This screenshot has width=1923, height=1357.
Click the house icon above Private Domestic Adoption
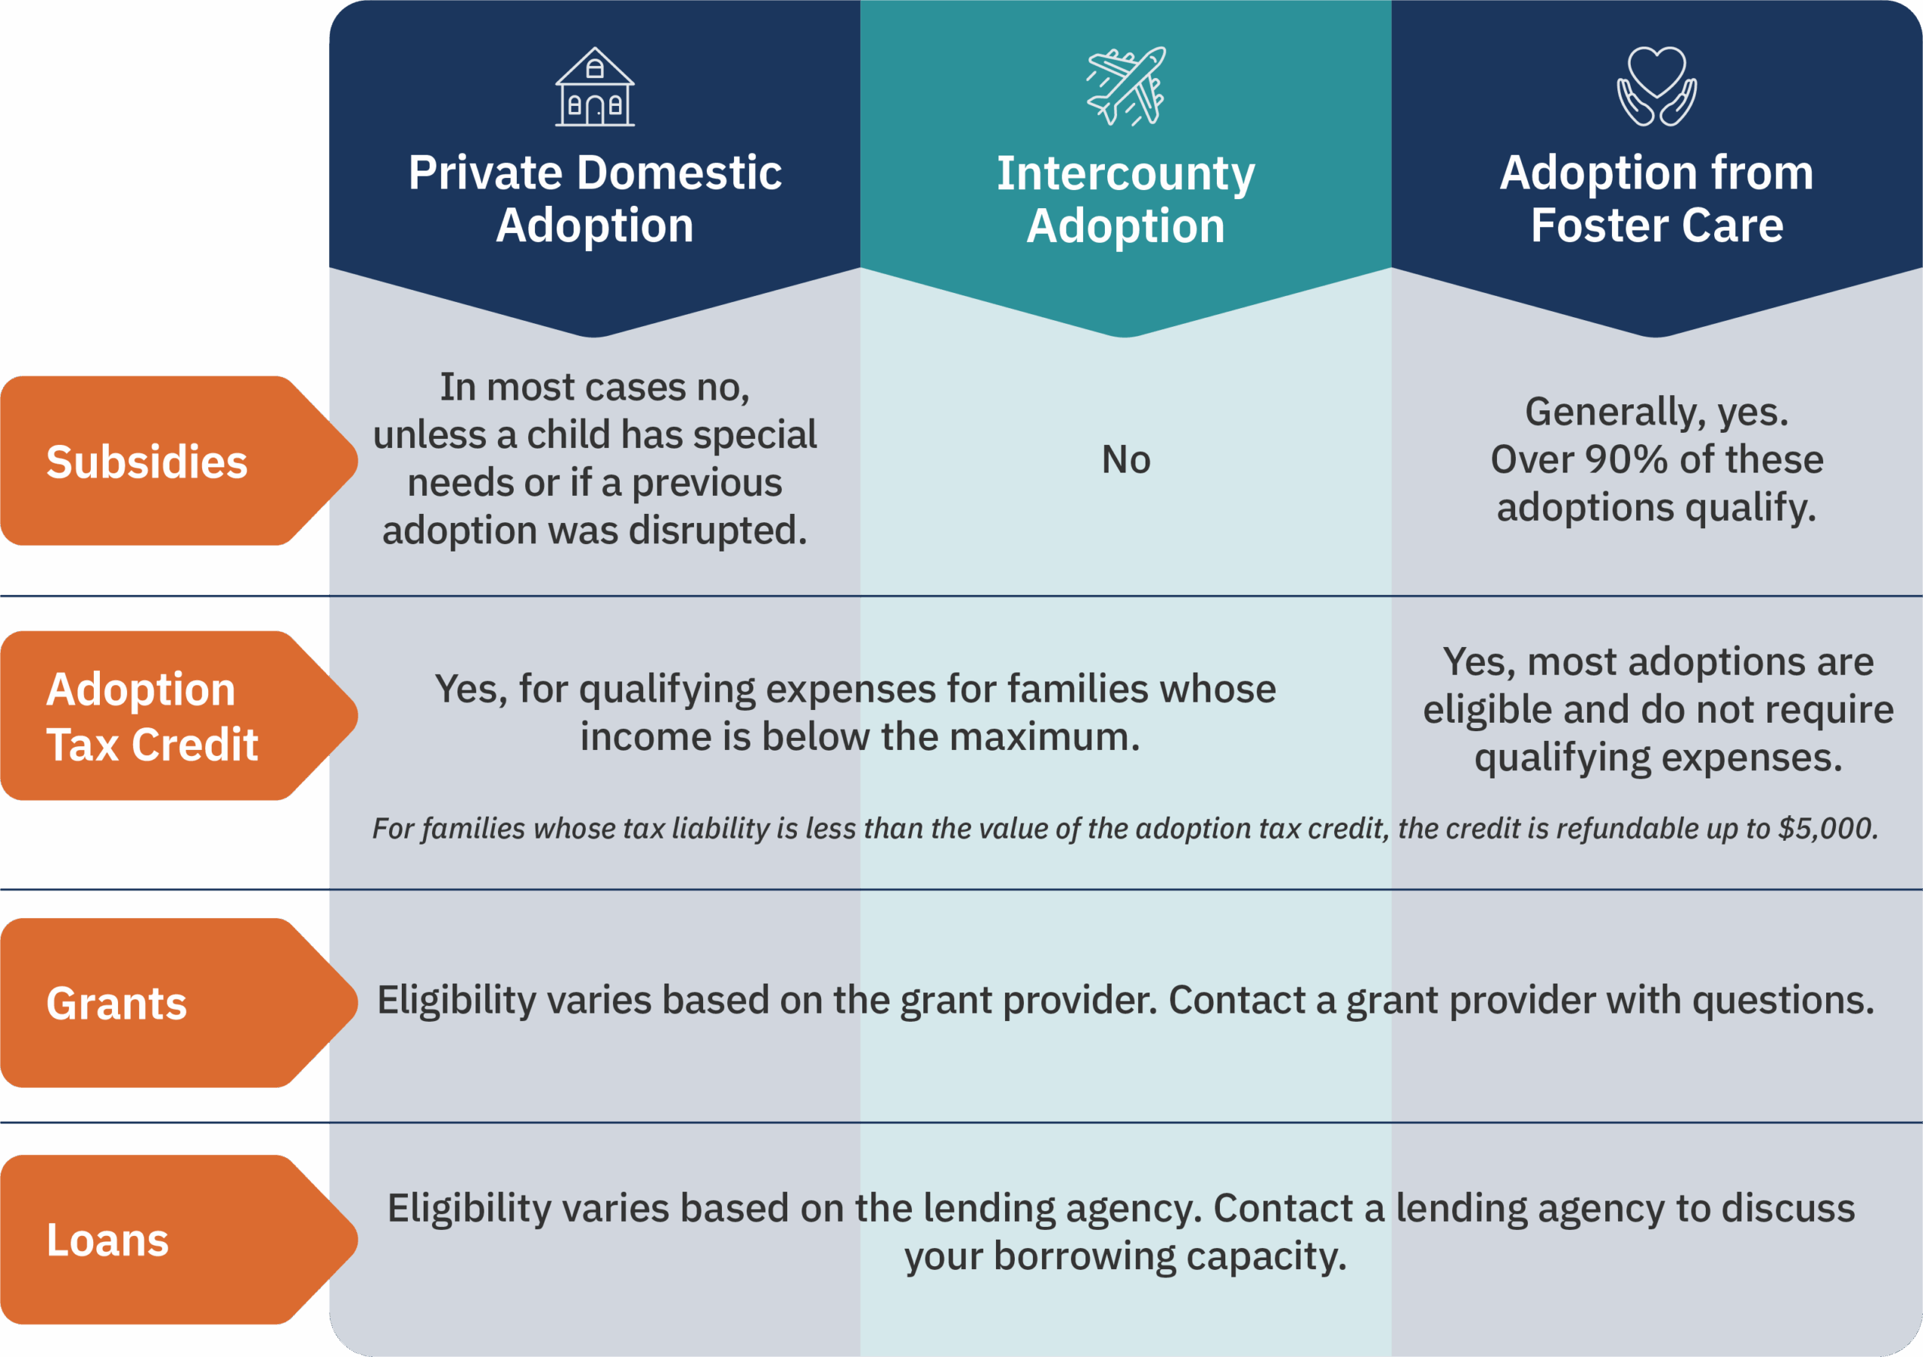pos(595,87)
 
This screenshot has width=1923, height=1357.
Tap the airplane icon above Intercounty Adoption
pos(1126,86)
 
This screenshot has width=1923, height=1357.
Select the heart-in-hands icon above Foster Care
pos(1656,86)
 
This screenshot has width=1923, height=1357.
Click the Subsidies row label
pos(146,461)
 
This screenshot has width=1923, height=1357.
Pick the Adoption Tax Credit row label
pos(152,716)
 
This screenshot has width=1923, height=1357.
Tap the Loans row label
pos(107,1240)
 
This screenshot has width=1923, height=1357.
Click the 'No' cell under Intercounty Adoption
pos(1126,459)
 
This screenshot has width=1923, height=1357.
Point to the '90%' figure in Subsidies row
pos(1624,459)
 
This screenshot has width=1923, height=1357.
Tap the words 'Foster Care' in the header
pos(1656,225)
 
